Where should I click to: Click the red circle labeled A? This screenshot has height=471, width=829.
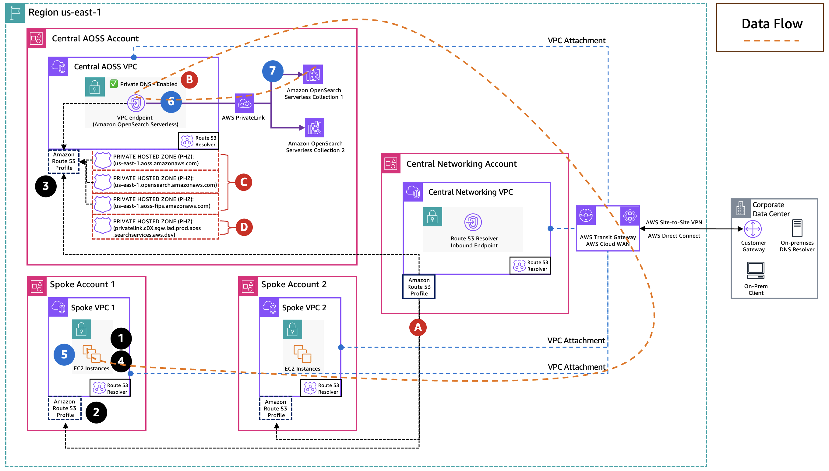(x=418, y=327)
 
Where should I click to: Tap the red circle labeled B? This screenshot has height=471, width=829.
(x=189, y=80)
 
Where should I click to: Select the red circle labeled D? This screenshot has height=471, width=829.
(x=244, y=227)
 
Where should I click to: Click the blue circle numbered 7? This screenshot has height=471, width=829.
(x=273, y=71)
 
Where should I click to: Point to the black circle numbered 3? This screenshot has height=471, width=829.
(x=46, y=186)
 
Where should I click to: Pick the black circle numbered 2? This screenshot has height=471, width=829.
(x=96, y=412)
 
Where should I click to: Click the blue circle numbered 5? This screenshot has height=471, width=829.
(x=64, y=354)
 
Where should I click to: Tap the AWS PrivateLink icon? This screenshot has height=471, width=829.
(x=244, y=103)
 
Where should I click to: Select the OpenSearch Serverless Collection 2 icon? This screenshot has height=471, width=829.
(x=314, y=128)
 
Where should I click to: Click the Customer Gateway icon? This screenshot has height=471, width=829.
(x=753, y=229)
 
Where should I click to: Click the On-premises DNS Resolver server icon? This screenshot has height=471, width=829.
(x=797, y=228)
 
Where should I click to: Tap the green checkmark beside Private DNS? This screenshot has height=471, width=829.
(x=114, y=84)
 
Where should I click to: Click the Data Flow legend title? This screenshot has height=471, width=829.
(x=772, y=24)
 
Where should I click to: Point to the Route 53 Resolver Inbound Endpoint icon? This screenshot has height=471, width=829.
(x=473, y=222)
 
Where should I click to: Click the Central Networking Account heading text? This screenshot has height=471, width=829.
(x=461, y=164)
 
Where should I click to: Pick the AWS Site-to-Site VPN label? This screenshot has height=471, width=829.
(x=674, y=222)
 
